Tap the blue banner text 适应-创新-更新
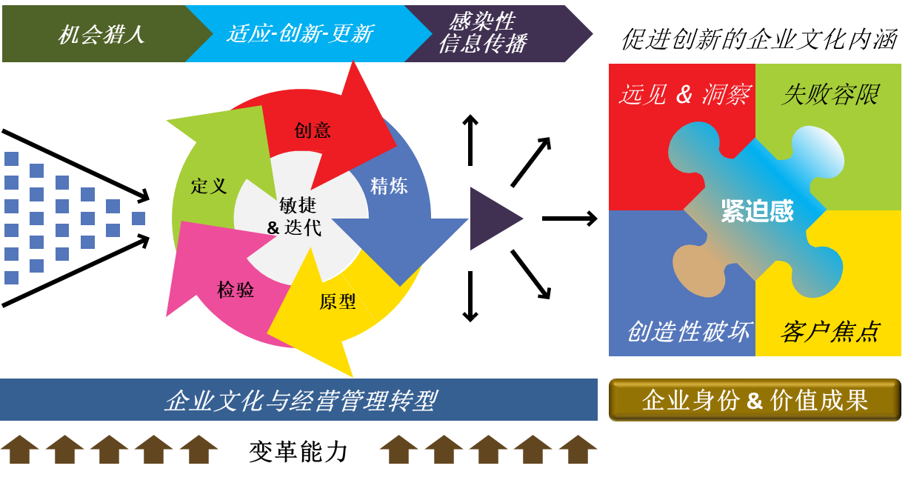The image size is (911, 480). tap(300, 34)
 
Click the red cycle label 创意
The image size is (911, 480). tap(313, 130)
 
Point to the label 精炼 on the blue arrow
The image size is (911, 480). tap(389, 186)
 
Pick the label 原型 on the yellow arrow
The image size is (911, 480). tap(338, 301)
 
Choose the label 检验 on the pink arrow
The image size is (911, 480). tap(236, 290)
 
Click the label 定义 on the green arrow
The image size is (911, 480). tap(209, 187)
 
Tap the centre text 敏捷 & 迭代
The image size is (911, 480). tap(295, 216)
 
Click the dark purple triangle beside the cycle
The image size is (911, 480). tap(492, 219)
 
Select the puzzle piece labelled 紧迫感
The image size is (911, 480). tap(756, 210)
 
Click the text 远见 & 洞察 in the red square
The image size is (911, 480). tap(685, 95)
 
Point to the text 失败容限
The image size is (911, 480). tap(830, 95)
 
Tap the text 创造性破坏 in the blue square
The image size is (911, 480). tap(689, 332)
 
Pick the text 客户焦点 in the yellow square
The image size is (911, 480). tap(830, 332)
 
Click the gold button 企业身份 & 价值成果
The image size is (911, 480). tap(755, 400)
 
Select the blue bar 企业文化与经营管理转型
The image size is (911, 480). tap(299, 399)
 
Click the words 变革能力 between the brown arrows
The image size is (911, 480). tap(298, 452)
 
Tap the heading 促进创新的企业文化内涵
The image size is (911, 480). tap(759, 39)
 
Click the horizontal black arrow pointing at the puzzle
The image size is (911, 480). tap(570, 219)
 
